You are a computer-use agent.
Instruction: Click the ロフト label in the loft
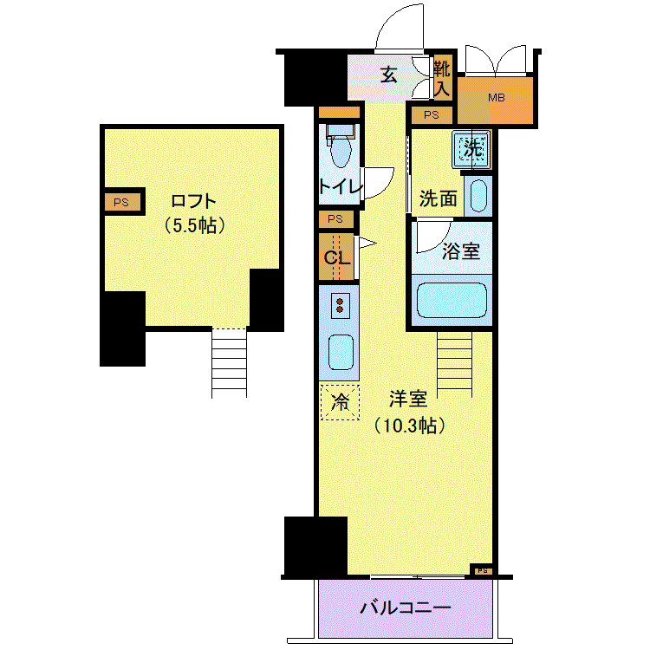[x=193, y=201]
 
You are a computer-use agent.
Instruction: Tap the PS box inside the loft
[x=122, y=202]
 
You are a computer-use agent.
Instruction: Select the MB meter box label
[x=497, y=98]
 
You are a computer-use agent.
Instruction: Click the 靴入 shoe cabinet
[x=442, y=78]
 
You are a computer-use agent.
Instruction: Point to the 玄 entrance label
[x=389, y=75]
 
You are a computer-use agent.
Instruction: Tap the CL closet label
[x=337, y=258]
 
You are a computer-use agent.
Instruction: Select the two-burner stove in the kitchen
[x=340, y=306]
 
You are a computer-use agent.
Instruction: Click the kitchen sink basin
[x=341, y=352]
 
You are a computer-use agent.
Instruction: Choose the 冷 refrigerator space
[x=340, y=402]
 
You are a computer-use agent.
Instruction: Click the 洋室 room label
[x=408, y=399]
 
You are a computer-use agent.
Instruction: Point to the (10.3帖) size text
[x=410, y=426]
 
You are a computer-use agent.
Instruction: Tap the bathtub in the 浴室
[x=452, y=300]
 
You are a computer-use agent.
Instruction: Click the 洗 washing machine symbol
[x=471, y=148]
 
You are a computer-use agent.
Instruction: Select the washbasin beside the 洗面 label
[x=478, y=196]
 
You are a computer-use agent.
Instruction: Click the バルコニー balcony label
[x=405, y=608]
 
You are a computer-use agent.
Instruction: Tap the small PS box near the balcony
[x=482, y=571]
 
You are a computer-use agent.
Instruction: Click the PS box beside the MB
[x=432, y=114]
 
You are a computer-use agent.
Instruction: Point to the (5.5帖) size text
[x=194, y=226]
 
